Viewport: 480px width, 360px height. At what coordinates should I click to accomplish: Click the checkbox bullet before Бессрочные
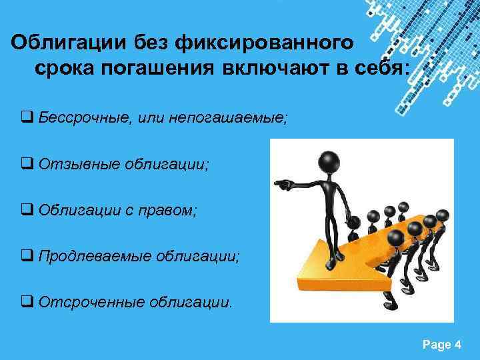tap(28, 119)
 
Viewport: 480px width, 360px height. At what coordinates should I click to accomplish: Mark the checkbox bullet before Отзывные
tap(28, 165)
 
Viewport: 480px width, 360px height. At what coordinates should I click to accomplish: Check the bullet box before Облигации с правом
tap(28, 211)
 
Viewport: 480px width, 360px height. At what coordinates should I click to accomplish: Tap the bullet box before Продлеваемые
tap(28, 257)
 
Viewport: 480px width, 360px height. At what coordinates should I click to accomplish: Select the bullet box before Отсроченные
tap(28, 303)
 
